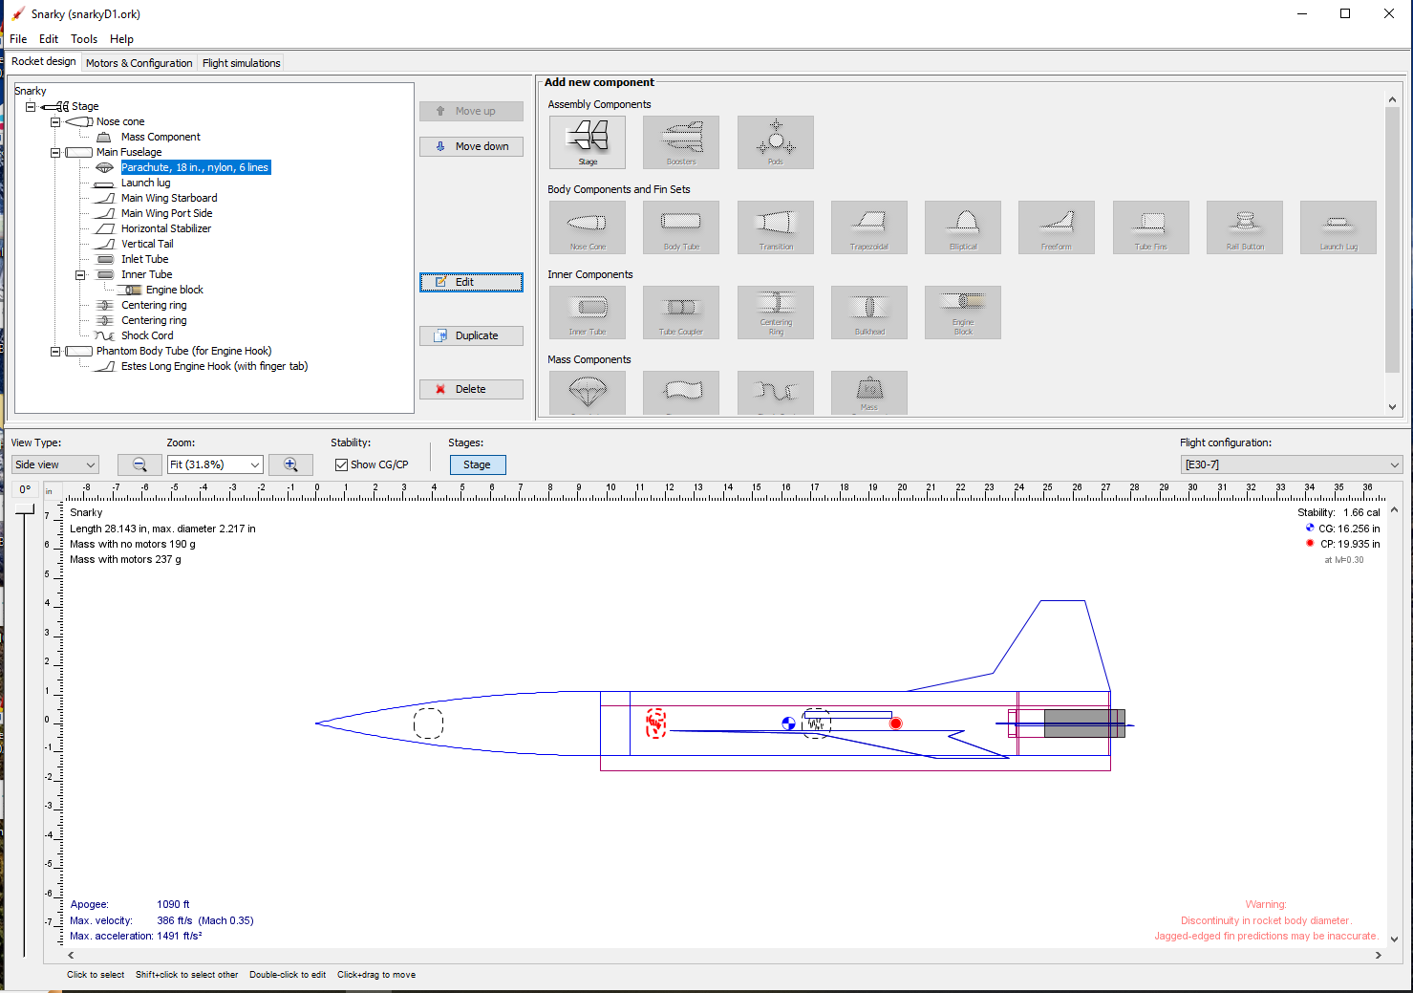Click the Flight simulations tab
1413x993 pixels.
pos(241,63)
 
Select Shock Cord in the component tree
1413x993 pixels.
pos(147,335)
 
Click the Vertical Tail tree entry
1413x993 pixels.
pos(147,244)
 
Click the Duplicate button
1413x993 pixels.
pos(471,335)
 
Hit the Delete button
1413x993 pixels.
pos(471,389)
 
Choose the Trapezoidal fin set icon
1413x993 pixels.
pos(868,227)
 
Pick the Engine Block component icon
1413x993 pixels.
pos(962,312)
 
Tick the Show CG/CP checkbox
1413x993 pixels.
pos(341,464)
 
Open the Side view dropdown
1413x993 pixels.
pos(55,464)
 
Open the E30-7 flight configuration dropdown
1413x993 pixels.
pos(1291,464)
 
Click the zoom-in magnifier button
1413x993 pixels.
pos(290,464)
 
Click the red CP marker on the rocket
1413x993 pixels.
pos(895,723)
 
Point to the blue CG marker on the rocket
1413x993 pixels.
pos(788,723)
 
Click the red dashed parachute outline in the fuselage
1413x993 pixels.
pos(655,723)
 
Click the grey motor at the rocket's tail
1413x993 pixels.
pos(1083,723)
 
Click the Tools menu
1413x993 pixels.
pos(84,39)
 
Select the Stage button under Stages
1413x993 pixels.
pos(477,464)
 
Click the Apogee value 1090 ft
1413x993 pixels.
pos(173,904)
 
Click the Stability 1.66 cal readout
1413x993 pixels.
pos(1338,512)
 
